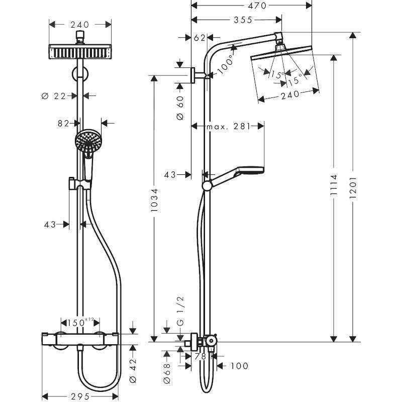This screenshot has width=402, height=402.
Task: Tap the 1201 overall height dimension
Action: point(353,187)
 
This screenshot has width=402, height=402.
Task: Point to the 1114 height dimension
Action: point(333,187)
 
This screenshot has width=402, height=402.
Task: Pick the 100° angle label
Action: point(227,60)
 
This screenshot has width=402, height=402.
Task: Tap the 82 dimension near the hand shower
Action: point(62,122)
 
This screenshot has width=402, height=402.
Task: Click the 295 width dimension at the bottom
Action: point(79,395)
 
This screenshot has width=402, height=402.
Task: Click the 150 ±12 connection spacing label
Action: point(80,321)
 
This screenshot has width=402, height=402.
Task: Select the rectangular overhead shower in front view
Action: point(80,51)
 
